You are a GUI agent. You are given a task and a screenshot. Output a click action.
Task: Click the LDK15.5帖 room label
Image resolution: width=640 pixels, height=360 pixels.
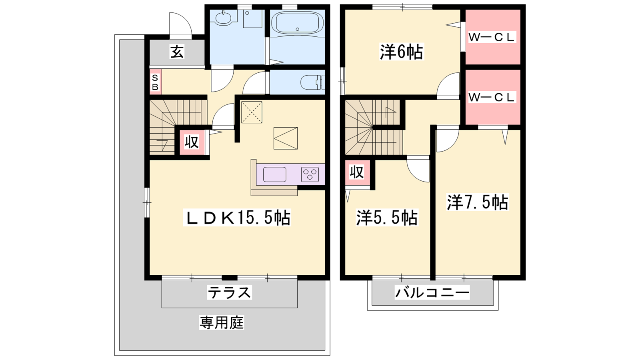click(x=237, y=218)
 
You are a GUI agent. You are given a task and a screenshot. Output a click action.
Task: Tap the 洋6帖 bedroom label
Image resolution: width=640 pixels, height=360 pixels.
click(x=402, y=52)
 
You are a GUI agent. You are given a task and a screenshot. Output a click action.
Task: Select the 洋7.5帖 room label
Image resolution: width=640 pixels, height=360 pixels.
click(x=478, y=202)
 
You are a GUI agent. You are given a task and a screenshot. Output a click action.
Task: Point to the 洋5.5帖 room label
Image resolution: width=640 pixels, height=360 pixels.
click(x=387, y=218)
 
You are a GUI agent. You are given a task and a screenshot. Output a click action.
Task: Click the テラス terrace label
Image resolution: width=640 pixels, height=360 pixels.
click(x=230, y=292)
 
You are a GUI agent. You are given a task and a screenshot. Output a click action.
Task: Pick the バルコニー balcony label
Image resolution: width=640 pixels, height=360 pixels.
click(x=432, y=292)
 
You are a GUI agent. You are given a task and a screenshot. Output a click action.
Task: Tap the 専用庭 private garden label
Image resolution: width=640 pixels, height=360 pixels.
click(x=222, y=322)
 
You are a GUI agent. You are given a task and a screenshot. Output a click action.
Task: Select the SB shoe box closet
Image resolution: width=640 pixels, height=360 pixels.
click(x=156, y=82)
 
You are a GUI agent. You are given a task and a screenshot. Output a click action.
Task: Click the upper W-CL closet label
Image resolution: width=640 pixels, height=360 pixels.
click(x=492, y=37)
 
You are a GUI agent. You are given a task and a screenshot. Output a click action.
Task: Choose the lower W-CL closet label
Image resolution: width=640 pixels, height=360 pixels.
click(x=492, y=98)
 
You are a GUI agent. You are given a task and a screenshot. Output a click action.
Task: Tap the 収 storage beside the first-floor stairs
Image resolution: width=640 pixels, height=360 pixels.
click(x=192, y=142)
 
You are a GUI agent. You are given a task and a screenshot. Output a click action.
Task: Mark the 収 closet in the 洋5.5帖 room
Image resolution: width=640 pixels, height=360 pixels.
click(x=357, y=172)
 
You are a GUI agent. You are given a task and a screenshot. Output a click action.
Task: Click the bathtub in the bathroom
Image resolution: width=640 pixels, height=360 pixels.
click(x=298, y=22)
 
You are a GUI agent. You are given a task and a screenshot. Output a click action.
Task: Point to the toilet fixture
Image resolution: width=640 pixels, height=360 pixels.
click(x=312, y=82)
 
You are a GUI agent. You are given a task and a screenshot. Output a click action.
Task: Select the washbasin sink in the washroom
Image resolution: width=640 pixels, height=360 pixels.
click(x=224, y=19)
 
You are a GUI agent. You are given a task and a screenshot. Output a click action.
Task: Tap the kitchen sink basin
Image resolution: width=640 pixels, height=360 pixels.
click(x=274, y=174)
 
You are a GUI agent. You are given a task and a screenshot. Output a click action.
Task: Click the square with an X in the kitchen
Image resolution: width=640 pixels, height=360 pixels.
click(x=252, y=112)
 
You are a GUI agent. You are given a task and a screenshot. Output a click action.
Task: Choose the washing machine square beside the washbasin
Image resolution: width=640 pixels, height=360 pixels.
click(x=252, y=18)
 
